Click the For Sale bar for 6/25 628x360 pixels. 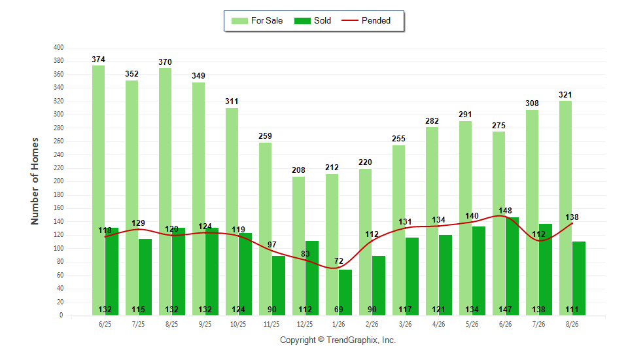click(x=99, y=190)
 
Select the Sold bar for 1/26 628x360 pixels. click(x=345, y=292)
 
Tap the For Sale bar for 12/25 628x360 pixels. click(x=298, y=245)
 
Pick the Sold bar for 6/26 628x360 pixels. click(x=512, y=266)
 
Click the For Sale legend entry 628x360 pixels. click(x=257, y=21)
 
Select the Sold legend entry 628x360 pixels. click(x=313, y=21)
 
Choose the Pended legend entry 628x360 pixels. click(x=366, y=21)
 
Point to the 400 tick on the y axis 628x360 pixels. click(x=58, y=47)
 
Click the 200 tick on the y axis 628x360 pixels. click(x=58, y=181)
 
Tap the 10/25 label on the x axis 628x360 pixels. click(x=238, y=324)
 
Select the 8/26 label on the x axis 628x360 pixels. click(x=572, y=324)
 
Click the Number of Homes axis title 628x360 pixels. click(x=35, y=181)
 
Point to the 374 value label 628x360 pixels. click(x=99, y=60)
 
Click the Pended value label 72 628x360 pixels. click(x=339, y=261)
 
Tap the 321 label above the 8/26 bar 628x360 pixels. click(x=565, y=95)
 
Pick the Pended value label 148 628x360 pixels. click(x=506, y=211)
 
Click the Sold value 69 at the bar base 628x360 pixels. click(x=339, y=310)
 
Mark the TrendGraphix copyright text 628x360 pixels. click(x=338, y=340)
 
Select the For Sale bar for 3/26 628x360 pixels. click(x=398, y=230)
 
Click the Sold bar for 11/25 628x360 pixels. click(x=279, y=285)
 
